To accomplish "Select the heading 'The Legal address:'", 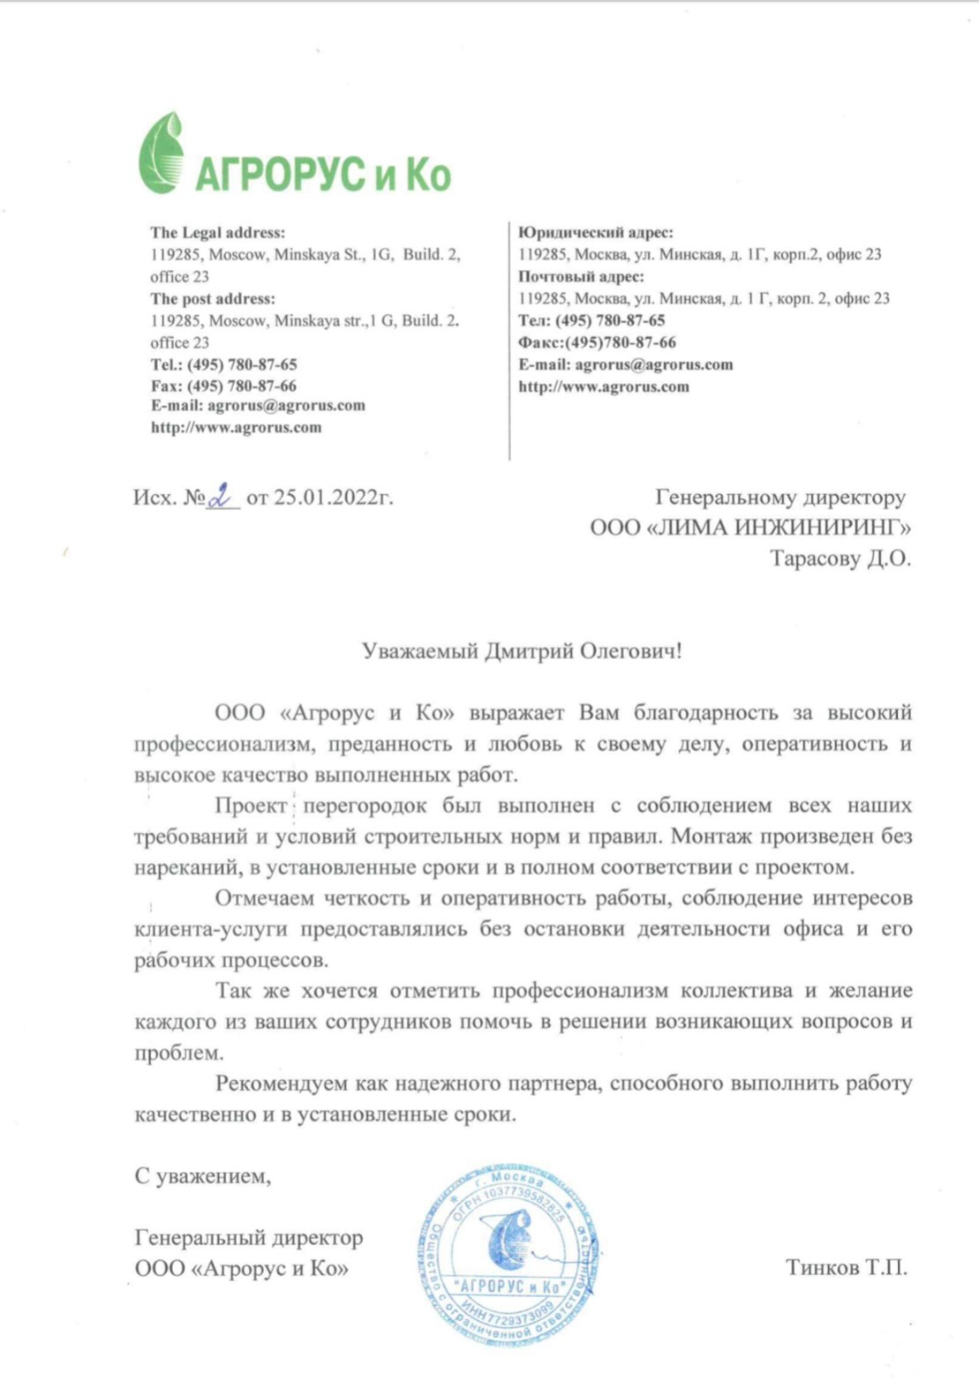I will (x=217, y=233).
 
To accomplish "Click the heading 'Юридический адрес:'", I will (x=595, y=233).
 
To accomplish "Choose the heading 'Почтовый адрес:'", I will (x=581, y=276).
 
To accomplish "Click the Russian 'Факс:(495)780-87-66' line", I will (x=597, y=342).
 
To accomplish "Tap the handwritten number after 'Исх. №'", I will (x=222, y=498).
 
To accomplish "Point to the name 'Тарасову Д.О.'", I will (x=840, y=559).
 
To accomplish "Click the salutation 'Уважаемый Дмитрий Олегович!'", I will (x=522, y=651).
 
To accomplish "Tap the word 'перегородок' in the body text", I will (x=365, y=806).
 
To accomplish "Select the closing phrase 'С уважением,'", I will (x=202, y=1176).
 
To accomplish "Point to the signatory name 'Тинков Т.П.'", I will (x=846, y=1268).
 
